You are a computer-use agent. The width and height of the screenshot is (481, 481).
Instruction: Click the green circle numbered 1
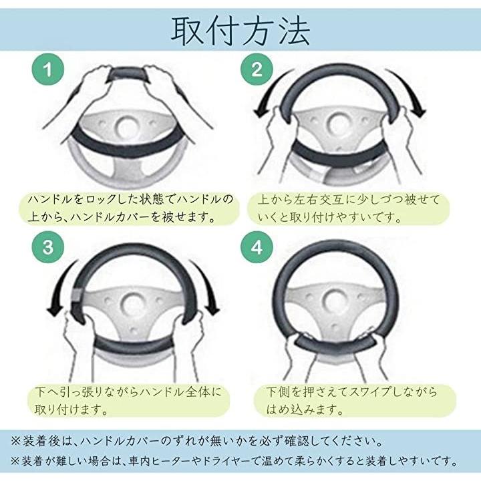click(48, 69)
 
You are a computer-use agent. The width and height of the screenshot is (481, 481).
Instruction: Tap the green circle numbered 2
click(257, 69)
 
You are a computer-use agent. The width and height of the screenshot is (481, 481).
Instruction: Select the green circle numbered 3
click(48, 247)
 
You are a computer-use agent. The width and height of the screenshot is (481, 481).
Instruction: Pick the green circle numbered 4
click(257, 247)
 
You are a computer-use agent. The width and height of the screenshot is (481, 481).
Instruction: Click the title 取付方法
click(240, 31)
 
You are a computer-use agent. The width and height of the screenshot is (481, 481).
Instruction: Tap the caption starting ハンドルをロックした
click(130, 208)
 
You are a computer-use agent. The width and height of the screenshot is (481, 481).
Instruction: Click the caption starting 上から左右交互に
click(349, 208)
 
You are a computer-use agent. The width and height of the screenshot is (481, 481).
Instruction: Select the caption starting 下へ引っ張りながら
click(128, 401)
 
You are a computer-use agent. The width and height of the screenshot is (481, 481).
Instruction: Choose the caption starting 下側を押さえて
click(351, 401)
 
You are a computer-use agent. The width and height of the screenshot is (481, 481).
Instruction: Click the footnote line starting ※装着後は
click(197, 442)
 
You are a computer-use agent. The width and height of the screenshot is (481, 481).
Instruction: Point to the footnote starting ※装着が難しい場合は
click(234, 461)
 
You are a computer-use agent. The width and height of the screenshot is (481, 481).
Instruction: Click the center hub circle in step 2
click(338, 125)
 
